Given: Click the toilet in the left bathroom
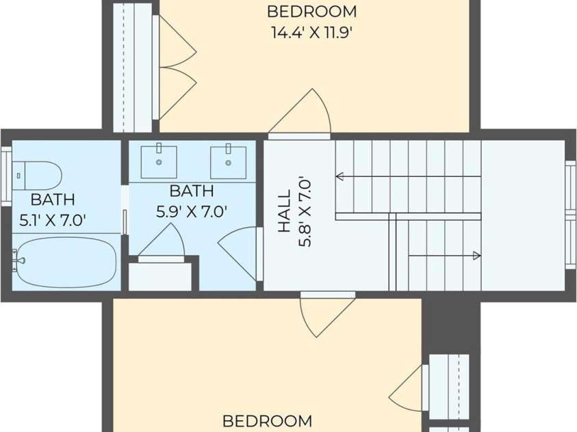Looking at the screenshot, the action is pyautogui.click(x=36, y=176).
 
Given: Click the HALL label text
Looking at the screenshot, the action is pyautogui.click(x=285, y=211).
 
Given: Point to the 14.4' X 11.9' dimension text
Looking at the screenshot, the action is pyautogui.click(x=312, y=33).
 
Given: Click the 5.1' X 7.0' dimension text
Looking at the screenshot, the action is pyautogui.click(x=53, y=220).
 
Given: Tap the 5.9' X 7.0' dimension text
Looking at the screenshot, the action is pyautogui.click(x=191, y=212).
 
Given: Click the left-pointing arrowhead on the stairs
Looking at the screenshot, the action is pyautogui.click(x=339, y=176).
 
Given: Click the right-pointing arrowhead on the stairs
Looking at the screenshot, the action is pyautogui.click(x=476, y=256).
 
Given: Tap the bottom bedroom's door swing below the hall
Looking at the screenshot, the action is pyautogui.click(x=327, y=314).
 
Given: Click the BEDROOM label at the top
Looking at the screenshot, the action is pyautogui.click(x=312, y=12).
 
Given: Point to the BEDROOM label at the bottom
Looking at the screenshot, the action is pyautogui.click(x=268, y=421).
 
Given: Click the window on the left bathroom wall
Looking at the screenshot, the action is pyautogui.click(x=6, y=176).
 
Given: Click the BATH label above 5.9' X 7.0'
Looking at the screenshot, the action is pyautogui.click(x=192, y=191).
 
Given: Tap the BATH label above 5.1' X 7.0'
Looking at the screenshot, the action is pyautogui.click(x=53, y=200).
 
